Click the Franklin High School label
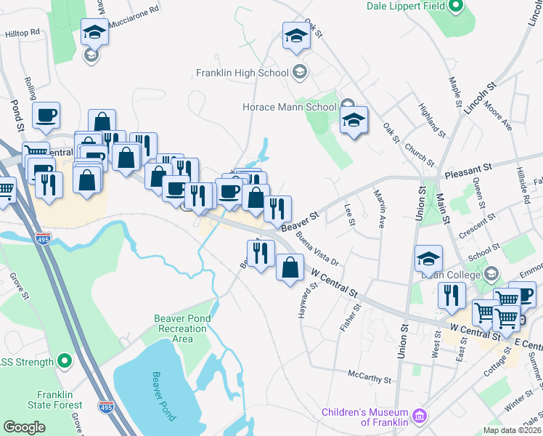click(x=242, y=73)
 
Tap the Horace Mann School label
click(x=289, y=107)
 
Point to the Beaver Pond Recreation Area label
click(x=182, y=328)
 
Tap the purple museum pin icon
click(x=418, y=416)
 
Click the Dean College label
click(x=449, y=275)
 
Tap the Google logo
click(x=24, y=427)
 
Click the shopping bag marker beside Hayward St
click(x=290, y=267)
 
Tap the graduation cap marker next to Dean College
click(x=428, y=258)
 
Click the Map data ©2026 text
click(x=511, y=430)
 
